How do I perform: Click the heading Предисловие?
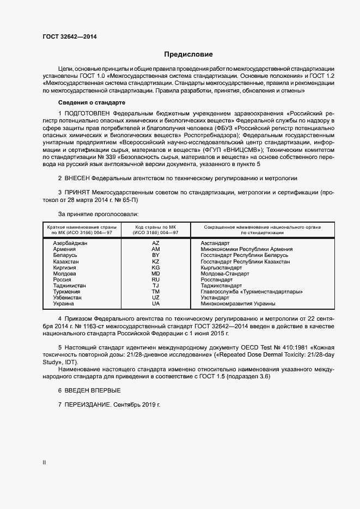(x=188, y=54)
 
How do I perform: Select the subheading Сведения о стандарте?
(x=92, y=102)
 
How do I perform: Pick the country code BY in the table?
(x=156, y=255)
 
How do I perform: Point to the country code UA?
(x=156, y=304)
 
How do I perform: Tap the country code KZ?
(x=156, y=261)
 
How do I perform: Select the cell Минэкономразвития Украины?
(x=237, y=304)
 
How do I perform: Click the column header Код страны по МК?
(x=156, y=226)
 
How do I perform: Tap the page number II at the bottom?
(x=44, y=462)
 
